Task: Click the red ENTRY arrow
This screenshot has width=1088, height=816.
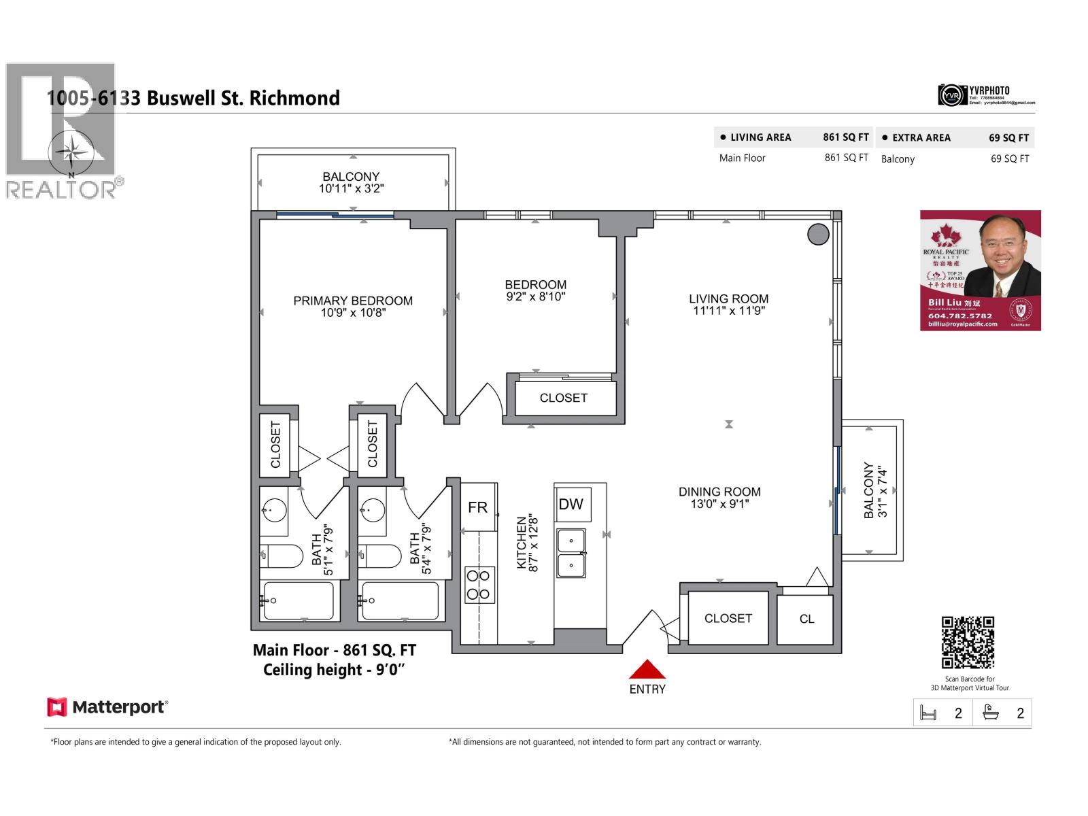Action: (x=647, y=669)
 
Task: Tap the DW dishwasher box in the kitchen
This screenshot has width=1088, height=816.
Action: (x=571, y=504)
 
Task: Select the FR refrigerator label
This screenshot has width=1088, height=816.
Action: (x=477, y=507)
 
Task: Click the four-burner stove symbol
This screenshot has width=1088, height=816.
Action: (x=479, y=585)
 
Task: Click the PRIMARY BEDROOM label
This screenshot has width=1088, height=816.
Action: (x=353, y=301)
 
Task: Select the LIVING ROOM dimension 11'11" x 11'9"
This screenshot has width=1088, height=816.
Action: (x=728, y=311)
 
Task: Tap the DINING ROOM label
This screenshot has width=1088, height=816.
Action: (x=719, y=492)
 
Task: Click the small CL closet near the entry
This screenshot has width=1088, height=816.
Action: (x=806, y=619)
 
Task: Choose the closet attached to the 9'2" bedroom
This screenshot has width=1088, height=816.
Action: (x=564, y=398)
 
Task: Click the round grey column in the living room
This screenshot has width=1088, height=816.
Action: (x=818, y=235)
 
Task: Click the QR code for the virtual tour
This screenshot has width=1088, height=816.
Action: (x=968, y=643)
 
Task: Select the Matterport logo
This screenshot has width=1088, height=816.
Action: (x=107, y=707)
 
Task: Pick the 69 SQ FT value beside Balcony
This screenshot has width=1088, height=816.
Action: (x=1009, y=158)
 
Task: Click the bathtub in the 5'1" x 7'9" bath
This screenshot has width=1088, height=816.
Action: (x=299, y=600)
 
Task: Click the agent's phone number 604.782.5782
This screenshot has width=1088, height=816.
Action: (x=959, y=316)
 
